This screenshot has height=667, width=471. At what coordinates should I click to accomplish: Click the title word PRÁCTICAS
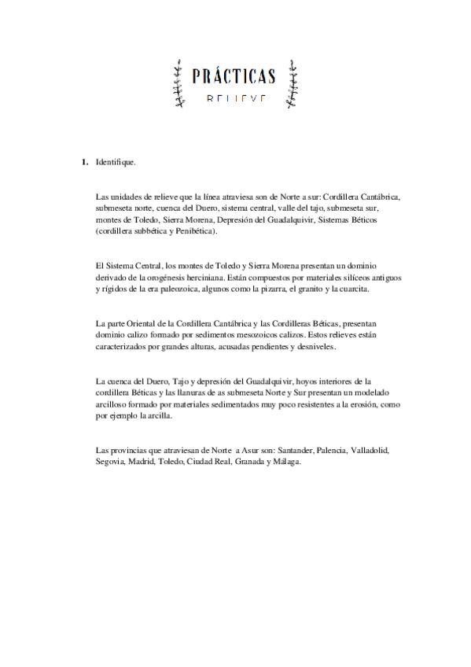click(x=234, y=76)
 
